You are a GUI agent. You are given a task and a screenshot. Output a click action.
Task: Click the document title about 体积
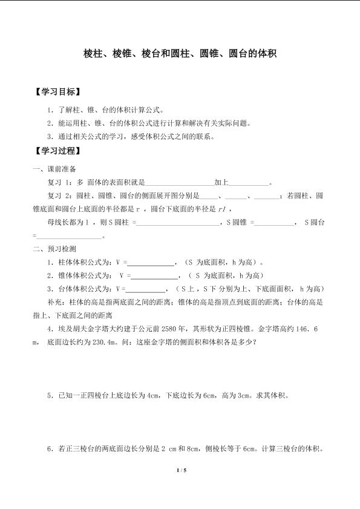[180, 54]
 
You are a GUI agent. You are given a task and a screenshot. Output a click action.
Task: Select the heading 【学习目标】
[58, 93]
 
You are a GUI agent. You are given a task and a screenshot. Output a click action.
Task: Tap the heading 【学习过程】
[58, 151]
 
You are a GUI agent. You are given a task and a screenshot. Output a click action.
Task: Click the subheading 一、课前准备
[54, 169]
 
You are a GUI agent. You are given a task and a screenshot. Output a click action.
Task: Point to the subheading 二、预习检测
[54, 250]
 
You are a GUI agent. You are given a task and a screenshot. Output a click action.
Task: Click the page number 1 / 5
[180, 470]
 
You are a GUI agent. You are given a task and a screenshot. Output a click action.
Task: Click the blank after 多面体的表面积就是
[181, 183]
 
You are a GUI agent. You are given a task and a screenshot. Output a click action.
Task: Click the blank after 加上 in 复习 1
[248, 183]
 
